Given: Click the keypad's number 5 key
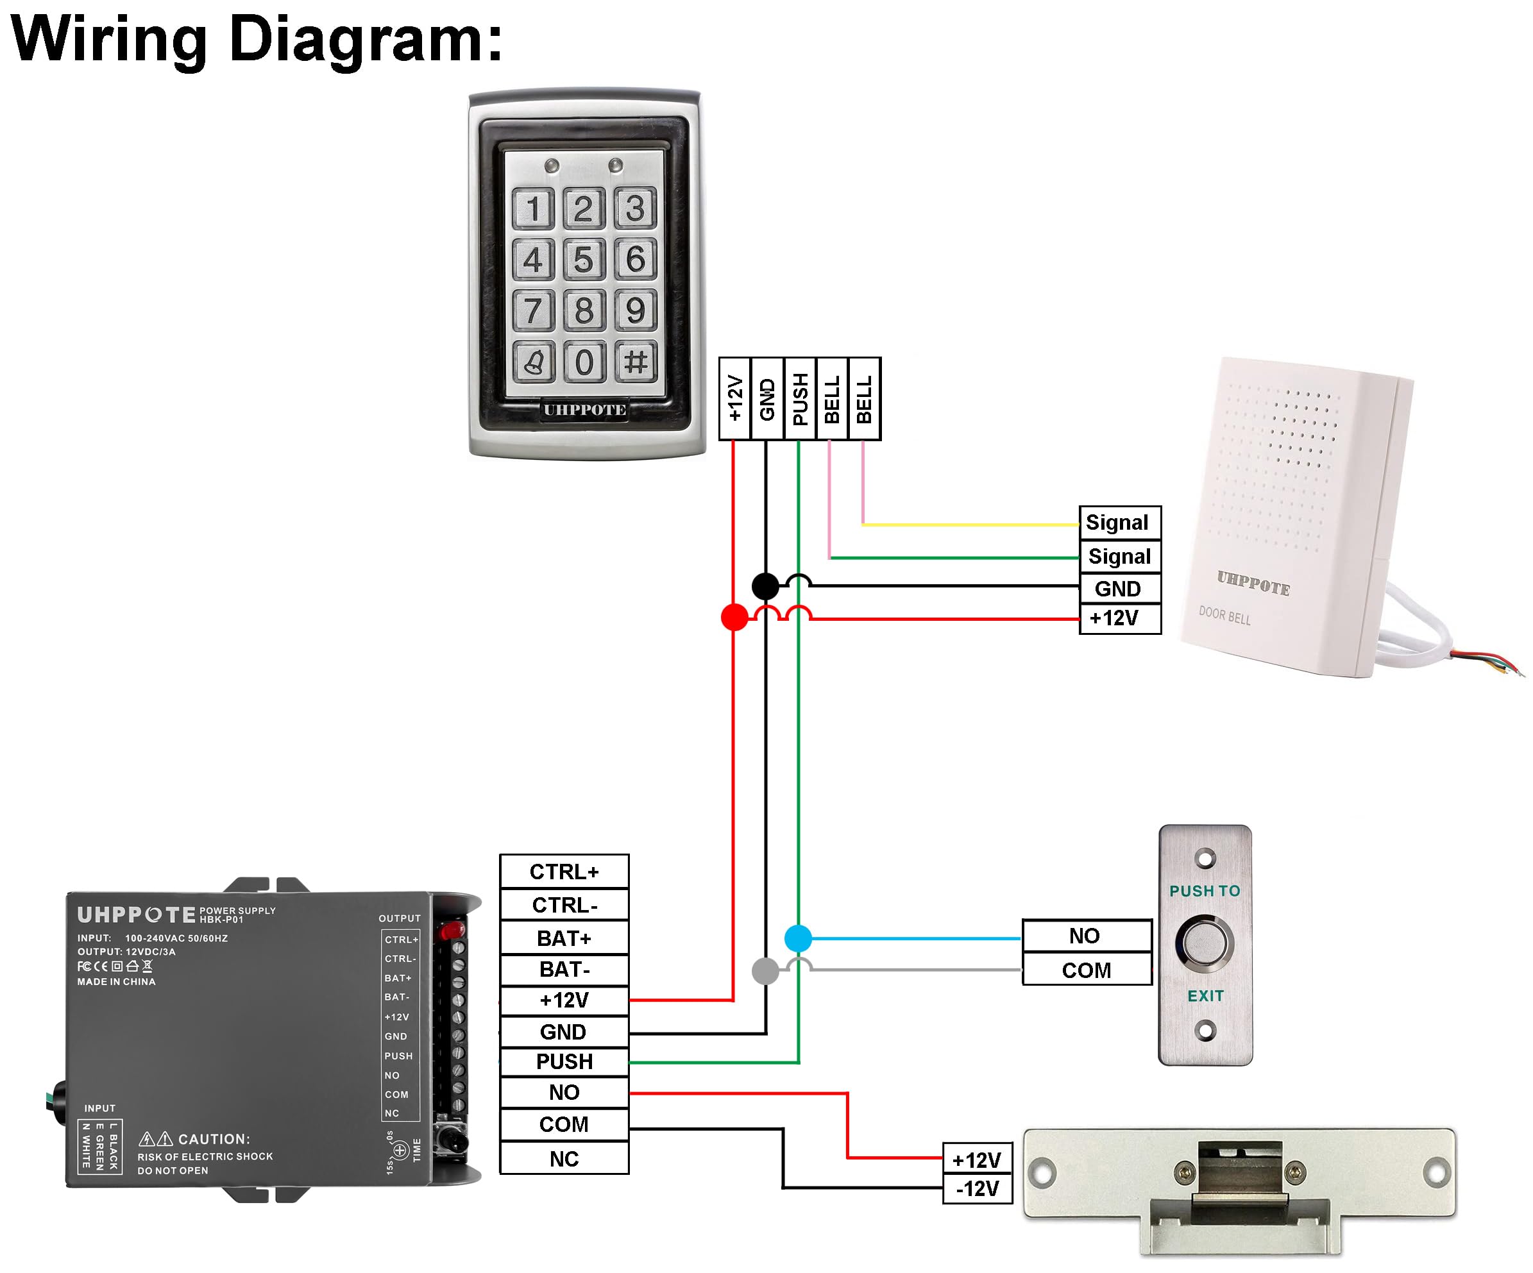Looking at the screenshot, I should pos(583,259).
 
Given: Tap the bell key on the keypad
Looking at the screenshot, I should pos(534,361).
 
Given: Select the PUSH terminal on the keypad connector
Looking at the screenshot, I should pos(800,398).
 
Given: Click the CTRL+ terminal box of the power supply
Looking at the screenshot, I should pos(564,872).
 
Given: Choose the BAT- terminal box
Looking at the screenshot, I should pos(564,970).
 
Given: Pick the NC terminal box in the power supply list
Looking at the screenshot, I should pos(564,1158).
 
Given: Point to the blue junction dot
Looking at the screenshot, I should pos(798,938).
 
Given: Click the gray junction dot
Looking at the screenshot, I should pos(765,971).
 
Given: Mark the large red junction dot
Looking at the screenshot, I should pos(734,617).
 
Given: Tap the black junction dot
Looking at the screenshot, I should pos(765,586).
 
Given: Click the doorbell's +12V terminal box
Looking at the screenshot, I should pos(1119,618).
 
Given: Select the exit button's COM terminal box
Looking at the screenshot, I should pos(1086,970).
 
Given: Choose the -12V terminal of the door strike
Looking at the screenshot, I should pos(977,1188).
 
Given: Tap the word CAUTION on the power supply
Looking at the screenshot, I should pos(214,1139).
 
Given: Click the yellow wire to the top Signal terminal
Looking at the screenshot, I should pos(971,524).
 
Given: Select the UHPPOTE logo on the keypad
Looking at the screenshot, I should pos(584,410).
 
